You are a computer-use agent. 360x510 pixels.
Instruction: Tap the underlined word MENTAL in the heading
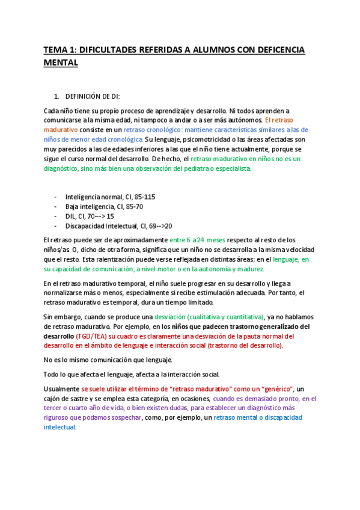(61, 61)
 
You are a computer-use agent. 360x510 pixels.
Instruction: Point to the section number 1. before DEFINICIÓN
(56, 96)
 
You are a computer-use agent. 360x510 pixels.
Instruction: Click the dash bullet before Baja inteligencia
(56, 206)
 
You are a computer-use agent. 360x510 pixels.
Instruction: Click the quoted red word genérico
(275, 389)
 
